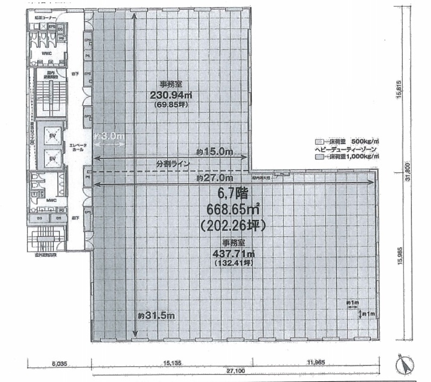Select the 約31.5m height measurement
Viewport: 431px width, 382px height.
(x=156, y=316)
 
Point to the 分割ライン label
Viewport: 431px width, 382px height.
(x=173, y=164)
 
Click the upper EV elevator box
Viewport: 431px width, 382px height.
(x=52, y=137)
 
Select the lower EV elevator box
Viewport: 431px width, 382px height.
(x=52, y=158)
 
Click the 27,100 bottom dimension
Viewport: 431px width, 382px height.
(x=235, y=371)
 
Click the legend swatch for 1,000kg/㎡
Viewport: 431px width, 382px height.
(x=318, y=157)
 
